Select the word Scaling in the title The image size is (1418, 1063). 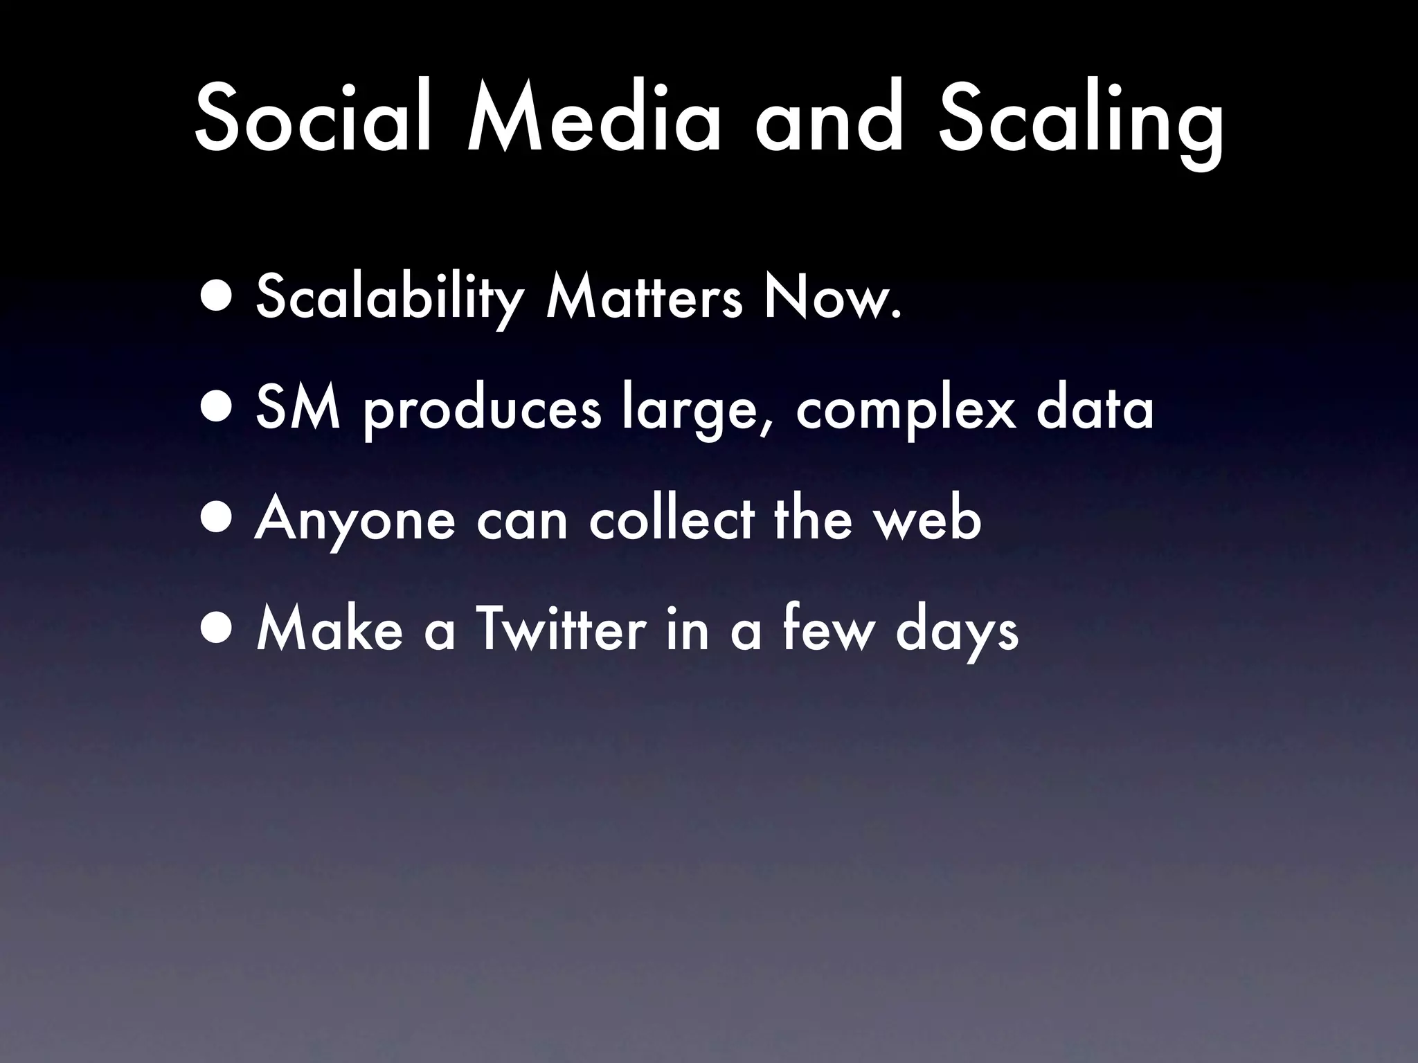pos(1080,125)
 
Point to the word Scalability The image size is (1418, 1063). pos(388,299)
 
